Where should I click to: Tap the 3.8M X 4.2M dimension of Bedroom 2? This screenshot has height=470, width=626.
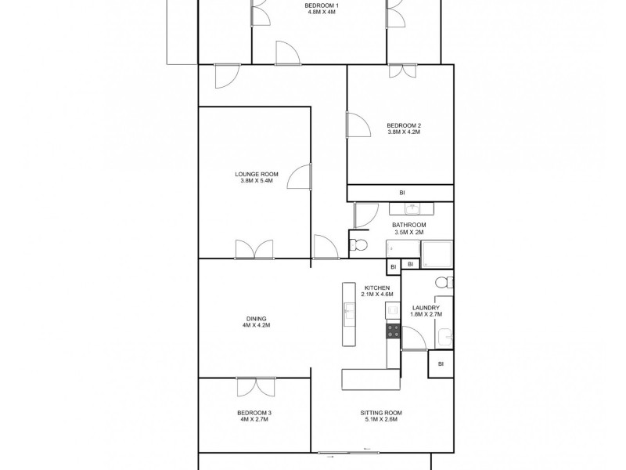404,132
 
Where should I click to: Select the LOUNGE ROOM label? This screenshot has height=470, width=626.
257,174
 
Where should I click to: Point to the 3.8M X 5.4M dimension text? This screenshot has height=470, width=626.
257,181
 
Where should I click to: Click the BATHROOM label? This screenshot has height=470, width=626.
408,226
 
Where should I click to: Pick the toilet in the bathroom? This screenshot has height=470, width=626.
358,245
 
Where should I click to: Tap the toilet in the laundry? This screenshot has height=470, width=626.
443,283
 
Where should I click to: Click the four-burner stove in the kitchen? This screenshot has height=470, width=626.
393,331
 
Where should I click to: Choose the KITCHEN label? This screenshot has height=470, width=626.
376,287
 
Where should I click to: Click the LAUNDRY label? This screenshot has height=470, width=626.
426,308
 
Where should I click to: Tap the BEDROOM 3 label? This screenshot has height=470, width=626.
254,413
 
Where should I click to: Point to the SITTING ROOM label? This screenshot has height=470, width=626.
381,413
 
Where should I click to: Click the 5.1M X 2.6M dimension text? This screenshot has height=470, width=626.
381,420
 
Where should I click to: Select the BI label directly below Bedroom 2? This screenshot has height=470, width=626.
402,193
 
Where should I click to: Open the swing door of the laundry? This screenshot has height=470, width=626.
413,338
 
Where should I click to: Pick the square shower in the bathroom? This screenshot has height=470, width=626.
436,255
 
